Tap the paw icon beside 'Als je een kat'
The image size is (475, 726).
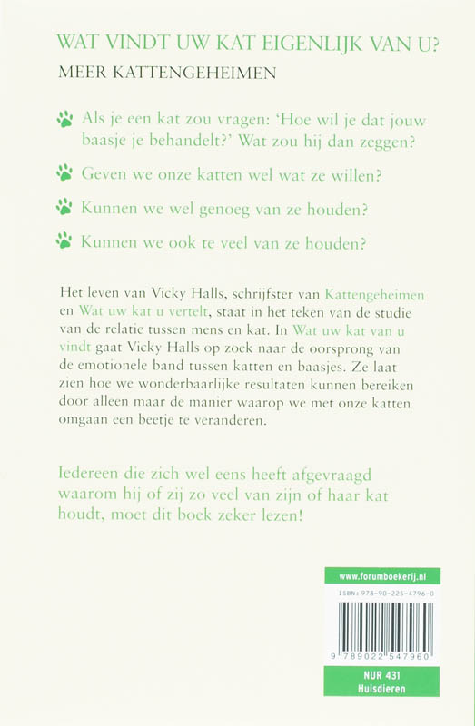tap(64, 117)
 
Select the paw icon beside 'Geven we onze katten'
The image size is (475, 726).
tap(64, 172)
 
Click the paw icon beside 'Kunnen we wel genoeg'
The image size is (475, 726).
tap(64, 207)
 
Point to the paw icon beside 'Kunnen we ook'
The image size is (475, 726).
tap(64, 241)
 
